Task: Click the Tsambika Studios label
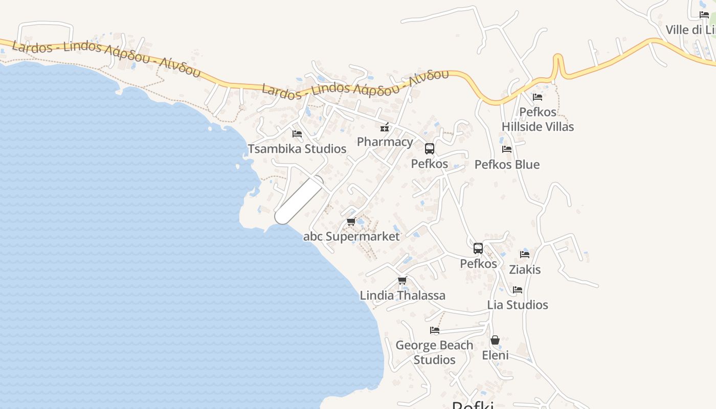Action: pos(297,149)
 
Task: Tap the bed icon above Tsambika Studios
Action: pos(297,134)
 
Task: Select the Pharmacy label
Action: pos(385,142)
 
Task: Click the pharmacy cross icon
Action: pos(384,128)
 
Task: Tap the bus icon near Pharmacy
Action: pos(430,149)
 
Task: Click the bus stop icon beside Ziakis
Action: pos(478,248)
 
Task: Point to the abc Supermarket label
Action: pos(351,236)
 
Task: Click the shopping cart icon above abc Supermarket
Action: pos(351,222)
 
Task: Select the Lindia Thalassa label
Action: pos(402,295)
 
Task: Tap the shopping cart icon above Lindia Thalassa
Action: pos(402,281)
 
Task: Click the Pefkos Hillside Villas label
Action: pos(538,119)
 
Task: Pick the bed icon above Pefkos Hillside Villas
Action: pos(537,97)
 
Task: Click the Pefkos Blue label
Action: pos(507,164)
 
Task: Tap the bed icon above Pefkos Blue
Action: pos(507,149)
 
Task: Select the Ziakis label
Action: pos(525,269)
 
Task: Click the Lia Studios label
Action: pos(518,305)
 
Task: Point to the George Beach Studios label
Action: pos(434,352)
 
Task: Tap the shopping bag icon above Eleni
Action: pos(495,340)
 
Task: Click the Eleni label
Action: pos(495,355)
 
